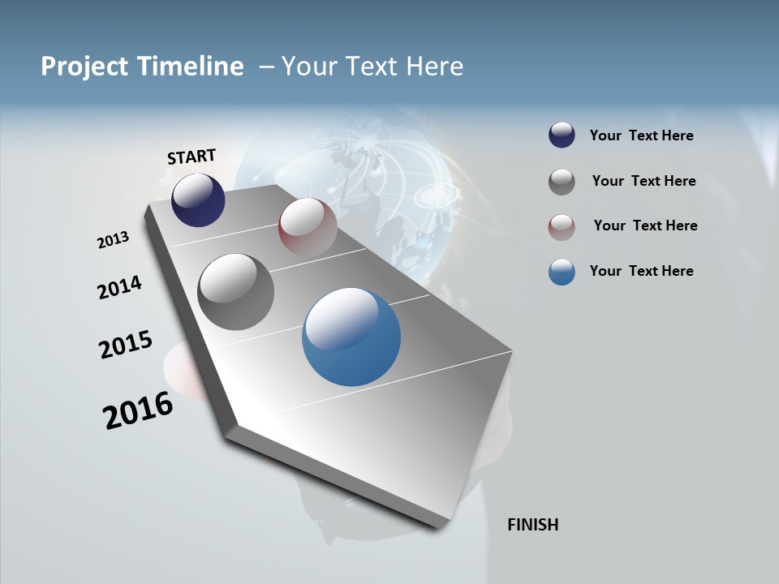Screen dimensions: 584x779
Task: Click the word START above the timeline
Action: (x=192, y=157)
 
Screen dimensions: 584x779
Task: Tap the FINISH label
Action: (x=532, y=525)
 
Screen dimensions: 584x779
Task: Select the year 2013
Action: (x=113, y=240)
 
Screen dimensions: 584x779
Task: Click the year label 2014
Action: (x=119, y=287)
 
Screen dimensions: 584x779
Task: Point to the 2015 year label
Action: (x=125, y=344)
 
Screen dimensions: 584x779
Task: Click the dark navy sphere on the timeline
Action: (x=198, y=200)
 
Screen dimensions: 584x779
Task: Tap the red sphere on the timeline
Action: (x=308, y=226)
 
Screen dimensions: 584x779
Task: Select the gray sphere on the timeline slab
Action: (x=235, y=292)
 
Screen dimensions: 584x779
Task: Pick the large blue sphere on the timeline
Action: (x=351, y=337)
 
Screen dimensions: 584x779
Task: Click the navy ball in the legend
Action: (x=562, y=135)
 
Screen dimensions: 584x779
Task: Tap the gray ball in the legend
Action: (x=562, y=182)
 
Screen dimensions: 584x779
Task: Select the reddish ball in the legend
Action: (x=562, y=226)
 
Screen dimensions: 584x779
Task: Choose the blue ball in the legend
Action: (x=562, y=272)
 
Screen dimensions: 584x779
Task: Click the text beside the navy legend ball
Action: (x=641, y=135)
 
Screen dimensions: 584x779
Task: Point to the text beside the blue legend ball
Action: (x=641, y=271)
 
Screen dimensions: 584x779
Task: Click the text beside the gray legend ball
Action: (x=643, y=181)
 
